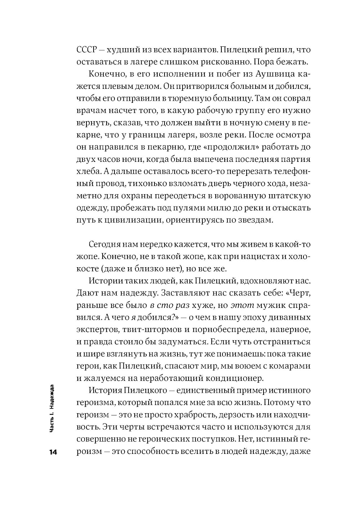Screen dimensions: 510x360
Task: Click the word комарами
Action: point(289,366)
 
